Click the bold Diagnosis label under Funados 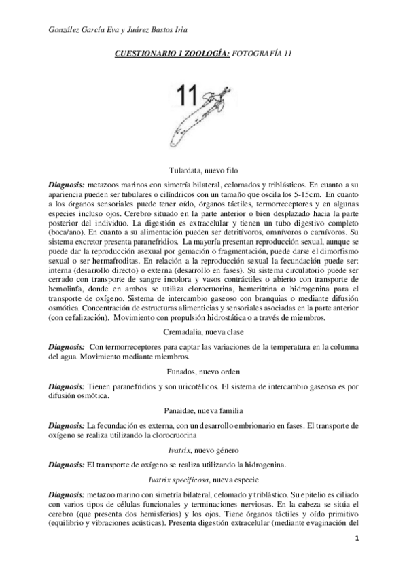tap(67, 386)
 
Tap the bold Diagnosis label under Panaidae tap(67, 425)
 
